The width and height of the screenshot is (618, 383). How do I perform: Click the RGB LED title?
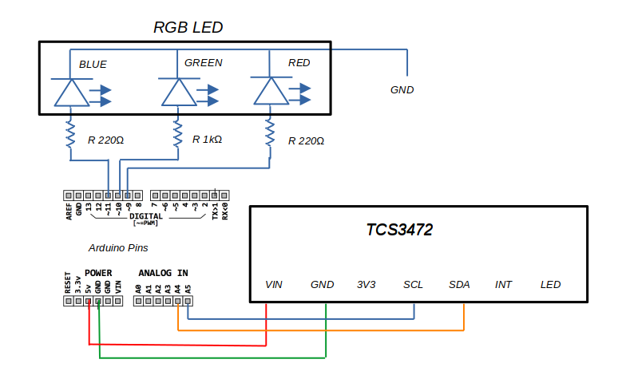[188, 28]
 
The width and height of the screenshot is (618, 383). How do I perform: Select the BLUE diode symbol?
[72, 93]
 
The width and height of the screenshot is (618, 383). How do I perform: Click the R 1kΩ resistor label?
[207, 139]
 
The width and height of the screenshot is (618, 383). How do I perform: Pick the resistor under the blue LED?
[71, 135]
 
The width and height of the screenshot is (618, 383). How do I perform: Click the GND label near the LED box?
[402, 90]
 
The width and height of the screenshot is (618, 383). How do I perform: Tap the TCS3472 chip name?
[399, 230]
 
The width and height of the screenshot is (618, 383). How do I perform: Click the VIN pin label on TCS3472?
[274, 285]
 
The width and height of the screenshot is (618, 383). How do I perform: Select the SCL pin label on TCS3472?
[413, 285]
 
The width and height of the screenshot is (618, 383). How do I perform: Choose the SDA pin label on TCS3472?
[459, 285]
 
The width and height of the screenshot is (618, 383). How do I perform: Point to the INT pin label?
[503, 285]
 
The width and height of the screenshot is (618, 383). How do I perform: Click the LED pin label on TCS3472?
[550, 285]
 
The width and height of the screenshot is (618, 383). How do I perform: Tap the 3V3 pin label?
[367, 285]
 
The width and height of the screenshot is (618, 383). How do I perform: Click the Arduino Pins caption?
[118, 248]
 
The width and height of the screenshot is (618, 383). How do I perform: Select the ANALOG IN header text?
[163, 272]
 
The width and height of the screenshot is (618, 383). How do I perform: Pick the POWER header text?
[98, 272]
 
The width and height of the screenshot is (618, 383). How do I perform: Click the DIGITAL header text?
[145, 216]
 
